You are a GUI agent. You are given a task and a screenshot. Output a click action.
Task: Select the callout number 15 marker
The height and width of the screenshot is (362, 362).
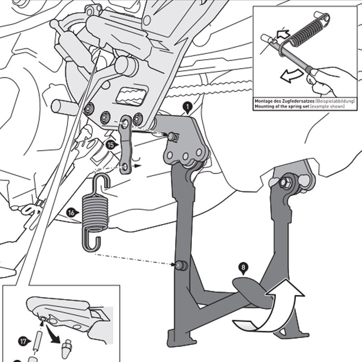[x=110, y=145]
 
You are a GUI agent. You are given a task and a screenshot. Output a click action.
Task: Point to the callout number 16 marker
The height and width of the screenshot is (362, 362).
[x=71, y=212]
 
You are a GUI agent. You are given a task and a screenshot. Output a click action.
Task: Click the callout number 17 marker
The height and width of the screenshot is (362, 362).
[x=22, y=340]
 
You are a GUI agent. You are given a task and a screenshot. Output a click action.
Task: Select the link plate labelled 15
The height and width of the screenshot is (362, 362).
[x=126, y=145]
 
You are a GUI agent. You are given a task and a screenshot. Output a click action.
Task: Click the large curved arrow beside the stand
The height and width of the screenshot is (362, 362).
[x=271, y=312]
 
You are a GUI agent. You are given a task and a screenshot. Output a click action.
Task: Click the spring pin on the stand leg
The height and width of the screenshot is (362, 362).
[x=181, y=265]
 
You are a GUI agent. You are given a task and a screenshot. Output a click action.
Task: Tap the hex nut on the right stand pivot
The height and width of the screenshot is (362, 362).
[x=286, y=183]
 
